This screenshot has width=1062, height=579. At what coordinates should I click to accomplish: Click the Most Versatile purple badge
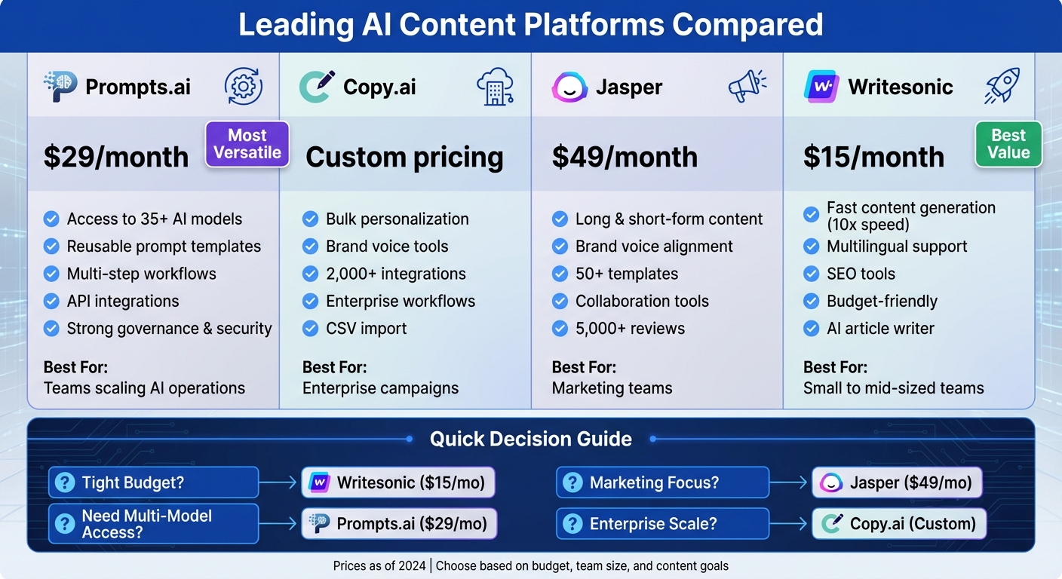(x=247, y=144)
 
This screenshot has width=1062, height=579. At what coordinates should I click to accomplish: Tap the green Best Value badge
(x=1008, y=144)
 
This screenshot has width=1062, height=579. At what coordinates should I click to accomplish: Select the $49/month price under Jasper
(x=625, y=157)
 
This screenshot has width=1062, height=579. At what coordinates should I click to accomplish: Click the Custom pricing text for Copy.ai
(x=404, y=157)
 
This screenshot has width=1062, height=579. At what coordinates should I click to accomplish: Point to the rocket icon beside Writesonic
(x=1002, y=87)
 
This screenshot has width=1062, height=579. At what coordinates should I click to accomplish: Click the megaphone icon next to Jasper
(x=747, y=87)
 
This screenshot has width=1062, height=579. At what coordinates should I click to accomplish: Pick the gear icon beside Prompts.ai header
(x=244, y=87)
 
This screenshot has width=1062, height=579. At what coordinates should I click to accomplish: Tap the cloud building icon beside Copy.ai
(x=495, y=87)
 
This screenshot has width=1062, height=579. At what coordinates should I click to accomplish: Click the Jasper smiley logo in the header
(x=569, y=87)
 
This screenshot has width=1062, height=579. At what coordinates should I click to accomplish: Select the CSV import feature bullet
(x=366, y=329)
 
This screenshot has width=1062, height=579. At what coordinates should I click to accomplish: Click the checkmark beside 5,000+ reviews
(x=560, y=329)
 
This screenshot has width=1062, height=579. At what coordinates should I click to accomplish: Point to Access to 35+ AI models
(x=154, y=219)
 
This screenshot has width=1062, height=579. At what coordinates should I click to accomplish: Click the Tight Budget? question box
(x=154, y=482)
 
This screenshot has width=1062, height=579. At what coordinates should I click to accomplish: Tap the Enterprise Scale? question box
(x=662, y=523)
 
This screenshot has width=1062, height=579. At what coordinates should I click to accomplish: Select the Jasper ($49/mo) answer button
(x=897, y=482)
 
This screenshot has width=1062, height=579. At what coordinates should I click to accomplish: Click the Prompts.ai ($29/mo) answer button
(x=399, y=523)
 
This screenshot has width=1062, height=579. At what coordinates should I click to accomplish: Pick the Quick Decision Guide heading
(x=530, y=439)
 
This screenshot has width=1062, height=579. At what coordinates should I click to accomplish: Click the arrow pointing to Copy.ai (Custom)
(x=790, y=523)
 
